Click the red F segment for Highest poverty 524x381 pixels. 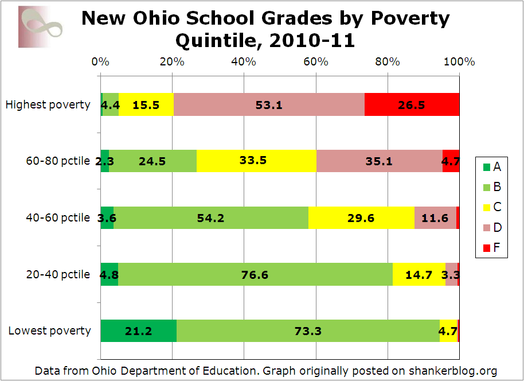click(412, 104)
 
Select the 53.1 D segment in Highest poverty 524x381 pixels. click(269, 104)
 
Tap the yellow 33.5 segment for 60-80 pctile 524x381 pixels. click(256, 161)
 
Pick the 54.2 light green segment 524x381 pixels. click(211, 217)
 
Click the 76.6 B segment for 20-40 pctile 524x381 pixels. click(255, 274)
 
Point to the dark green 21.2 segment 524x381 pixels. click(138, 331)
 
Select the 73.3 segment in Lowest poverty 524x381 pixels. click(308, 331)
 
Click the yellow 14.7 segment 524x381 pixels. click(419, 274)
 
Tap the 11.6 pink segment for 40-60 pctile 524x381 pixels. click(435, 217)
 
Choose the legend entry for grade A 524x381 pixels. click(491, 168)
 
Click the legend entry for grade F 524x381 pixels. click(491, 248)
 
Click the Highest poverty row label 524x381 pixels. click(48, 104)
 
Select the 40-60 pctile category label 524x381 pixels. click(57, 217)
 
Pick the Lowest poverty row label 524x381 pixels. click(49, 331)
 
